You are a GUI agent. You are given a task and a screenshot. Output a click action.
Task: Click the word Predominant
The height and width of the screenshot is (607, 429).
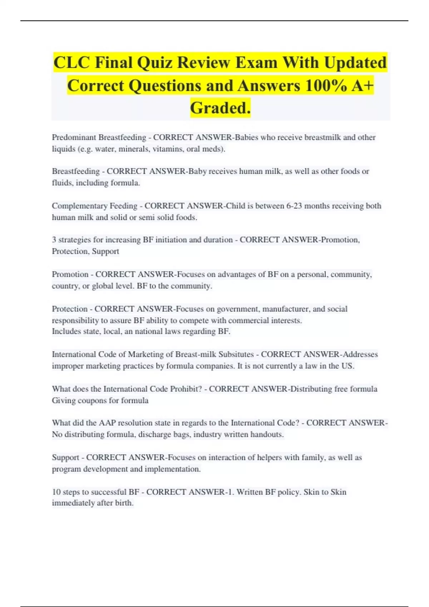pos(74,137)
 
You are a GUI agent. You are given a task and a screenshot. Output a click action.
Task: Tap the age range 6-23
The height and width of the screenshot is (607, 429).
pos(294,206)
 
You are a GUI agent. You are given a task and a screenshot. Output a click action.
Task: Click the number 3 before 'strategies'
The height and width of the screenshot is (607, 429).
pos(54,240)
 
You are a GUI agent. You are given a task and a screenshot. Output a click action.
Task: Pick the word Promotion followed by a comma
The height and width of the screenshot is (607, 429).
pos(340,240)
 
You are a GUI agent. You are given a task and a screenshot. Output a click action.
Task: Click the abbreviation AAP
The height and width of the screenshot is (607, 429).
pos(107,423)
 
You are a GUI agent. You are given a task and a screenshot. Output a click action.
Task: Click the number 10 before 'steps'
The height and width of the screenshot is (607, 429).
pos(56,492)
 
